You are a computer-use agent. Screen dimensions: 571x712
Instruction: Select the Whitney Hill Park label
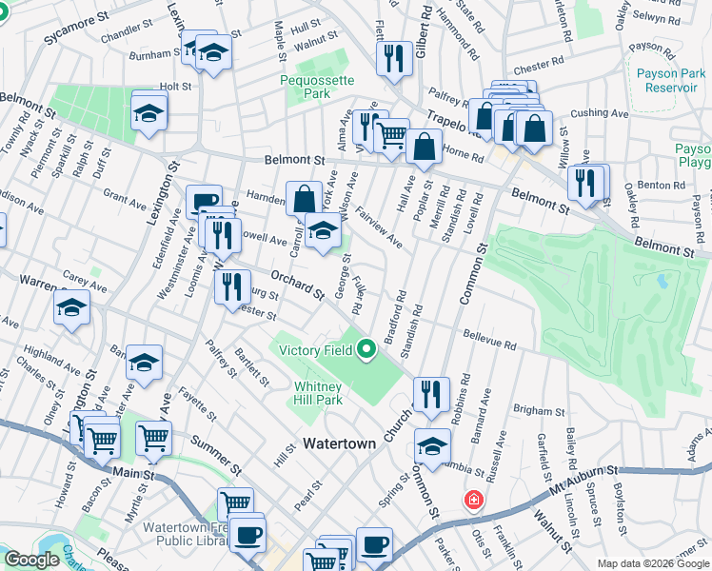click(x=317, y=393)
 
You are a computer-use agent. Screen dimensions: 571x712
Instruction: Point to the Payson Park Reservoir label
click(x=666, y=80)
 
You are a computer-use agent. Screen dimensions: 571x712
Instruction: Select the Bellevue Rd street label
click(x=490, y=338)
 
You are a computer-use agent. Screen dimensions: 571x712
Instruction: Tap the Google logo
click(x=31, y=560)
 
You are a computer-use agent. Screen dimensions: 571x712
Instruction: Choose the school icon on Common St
click(x=431, y=446)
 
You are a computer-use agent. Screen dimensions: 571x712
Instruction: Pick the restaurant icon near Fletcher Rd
click(x=392, y=59)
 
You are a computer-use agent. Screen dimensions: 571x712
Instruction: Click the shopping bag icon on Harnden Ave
click(x=304, y=199)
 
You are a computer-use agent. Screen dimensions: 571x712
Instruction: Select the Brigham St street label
click(x=539, y=410)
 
